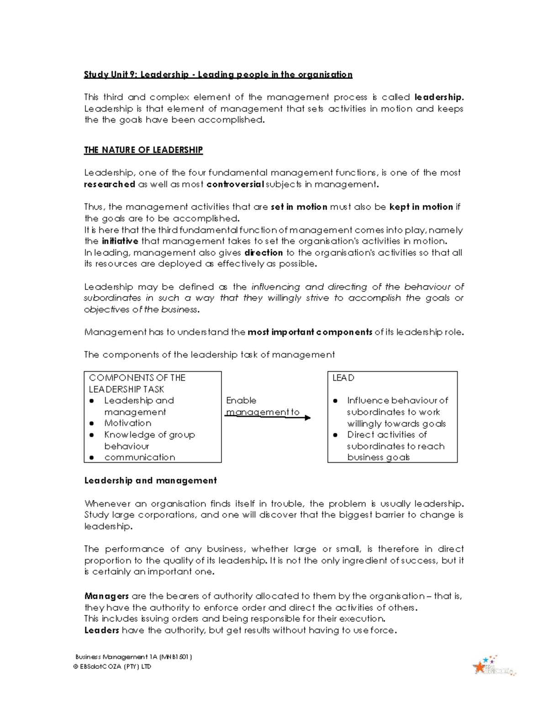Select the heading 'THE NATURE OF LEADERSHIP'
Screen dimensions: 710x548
click(143, 150)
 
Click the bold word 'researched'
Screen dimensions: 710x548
click(110, 184)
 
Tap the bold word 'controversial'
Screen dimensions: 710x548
click(235, 184)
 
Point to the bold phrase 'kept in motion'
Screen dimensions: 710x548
click(421, 207)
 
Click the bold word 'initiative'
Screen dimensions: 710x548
click(120, 241)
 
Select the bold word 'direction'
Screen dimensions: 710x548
click(263, 252)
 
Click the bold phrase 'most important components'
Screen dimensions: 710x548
click(310, 332)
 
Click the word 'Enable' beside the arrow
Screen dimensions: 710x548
click(241, 400)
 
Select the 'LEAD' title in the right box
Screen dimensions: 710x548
click(343, 378)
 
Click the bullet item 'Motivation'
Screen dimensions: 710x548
click(127, 423)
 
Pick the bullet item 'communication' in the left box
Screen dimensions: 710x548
click(139, 457)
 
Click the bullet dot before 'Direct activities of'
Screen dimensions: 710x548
click(335, 435)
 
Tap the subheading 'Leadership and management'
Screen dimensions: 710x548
click(150, 480)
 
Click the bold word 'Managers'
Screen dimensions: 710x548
click(106, 596)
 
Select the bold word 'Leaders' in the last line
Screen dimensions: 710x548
click(102, 630)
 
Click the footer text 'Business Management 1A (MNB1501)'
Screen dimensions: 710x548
click(133, 657)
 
